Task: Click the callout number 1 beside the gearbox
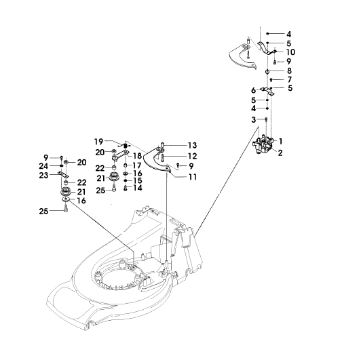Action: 280,141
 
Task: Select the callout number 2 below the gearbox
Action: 280,153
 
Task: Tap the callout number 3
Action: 254,119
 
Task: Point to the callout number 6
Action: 254,90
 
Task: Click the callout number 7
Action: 289,79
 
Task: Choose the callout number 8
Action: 289,71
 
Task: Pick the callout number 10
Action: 290,52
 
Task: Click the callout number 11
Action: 193,177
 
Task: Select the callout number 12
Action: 193,156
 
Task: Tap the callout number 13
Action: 193,145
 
